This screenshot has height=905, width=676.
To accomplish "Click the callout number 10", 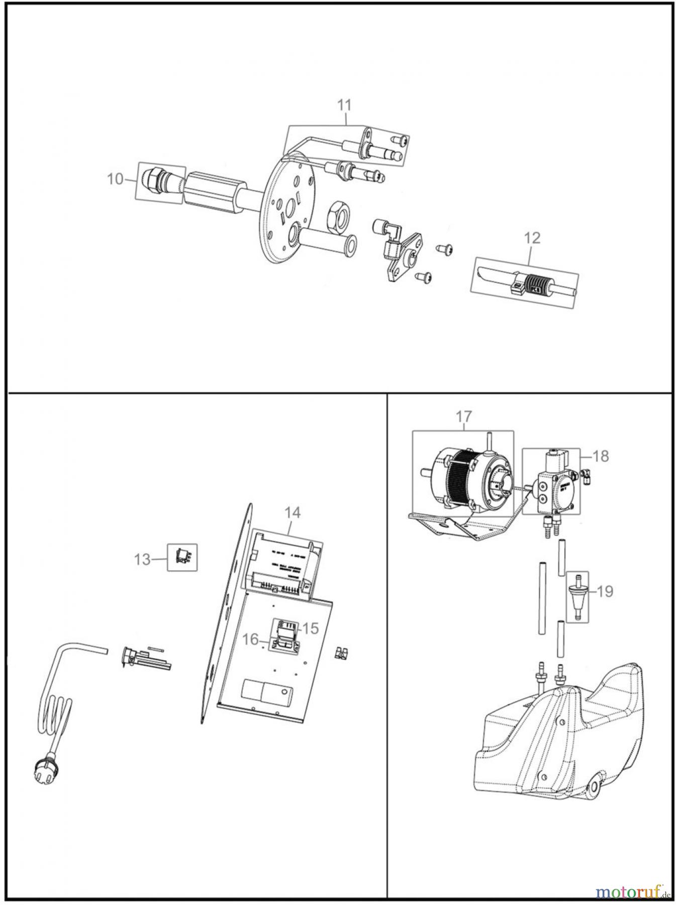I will pos(115,178).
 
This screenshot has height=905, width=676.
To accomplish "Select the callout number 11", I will pos(344,105).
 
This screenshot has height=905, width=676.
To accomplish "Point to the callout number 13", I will pos(143,559).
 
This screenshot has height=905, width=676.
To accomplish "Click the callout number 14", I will pos(293,512).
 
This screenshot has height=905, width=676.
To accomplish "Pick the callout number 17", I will pos(463,416).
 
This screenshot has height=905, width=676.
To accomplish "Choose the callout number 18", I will pos(601,456).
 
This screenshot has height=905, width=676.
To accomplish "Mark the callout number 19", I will pos(605,592).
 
